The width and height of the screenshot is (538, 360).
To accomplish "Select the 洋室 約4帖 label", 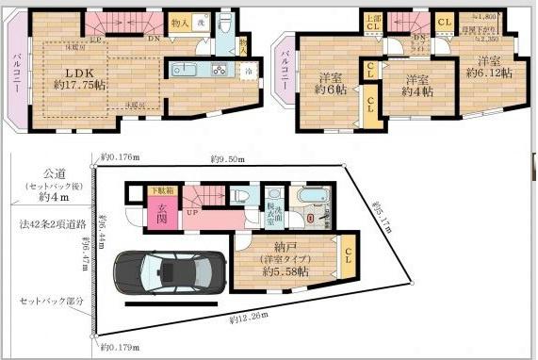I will coord(416,85).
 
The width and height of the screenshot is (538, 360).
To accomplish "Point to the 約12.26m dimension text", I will coord(248,318).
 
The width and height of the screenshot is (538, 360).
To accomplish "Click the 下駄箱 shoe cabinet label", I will coord(163,191).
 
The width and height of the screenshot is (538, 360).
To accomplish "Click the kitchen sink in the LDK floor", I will coord(183,69).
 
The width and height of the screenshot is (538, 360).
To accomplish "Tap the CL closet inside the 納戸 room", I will coord(350,254).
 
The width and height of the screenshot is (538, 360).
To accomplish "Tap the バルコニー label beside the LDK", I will coord(17,73).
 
